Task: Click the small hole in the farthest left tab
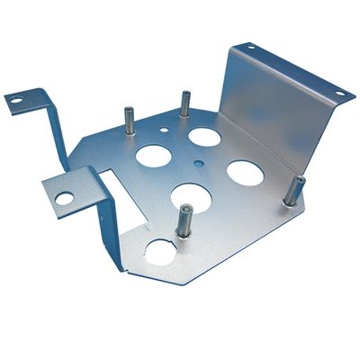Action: pos(16,101)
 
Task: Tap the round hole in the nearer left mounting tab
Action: pos(64,197)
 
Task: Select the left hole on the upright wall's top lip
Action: pos(250,47)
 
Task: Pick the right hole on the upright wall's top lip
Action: pos(340,92)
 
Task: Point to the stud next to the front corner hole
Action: pos(184,220)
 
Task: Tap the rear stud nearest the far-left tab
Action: pos(130,121)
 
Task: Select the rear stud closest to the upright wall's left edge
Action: pos(185,103)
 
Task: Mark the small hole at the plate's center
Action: pos(198,164)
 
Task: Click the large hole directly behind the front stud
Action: pos(191,195)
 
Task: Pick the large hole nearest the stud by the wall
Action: pos(244,172)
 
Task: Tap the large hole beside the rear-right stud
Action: pos(204,137)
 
